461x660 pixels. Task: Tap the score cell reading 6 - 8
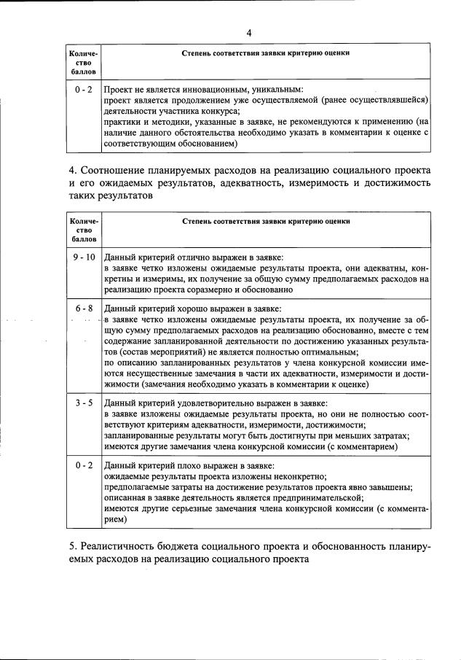pos(84,308)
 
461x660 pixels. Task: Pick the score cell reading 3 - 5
pos(84,403)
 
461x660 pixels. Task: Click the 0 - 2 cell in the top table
pos(84,88)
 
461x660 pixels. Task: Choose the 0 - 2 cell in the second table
pos(84,465)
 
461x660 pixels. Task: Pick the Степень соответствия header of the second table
pos(266,220)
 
